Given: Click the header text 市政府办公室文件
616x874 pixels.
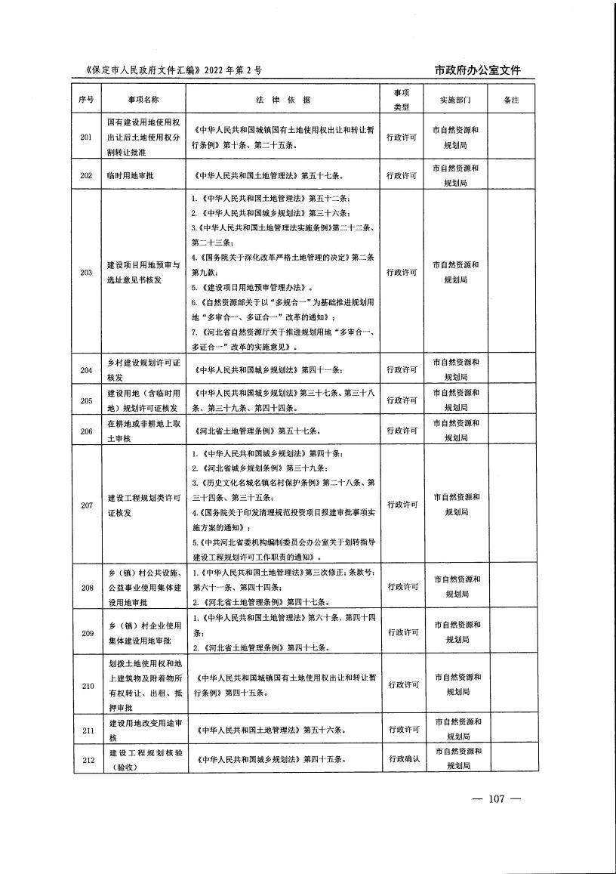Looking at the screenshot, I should [478, 70].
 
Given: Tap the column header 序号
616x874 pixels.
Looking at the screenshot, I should [86, 99].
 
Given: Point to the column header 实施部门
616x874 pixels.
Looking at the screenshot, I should [455, 99].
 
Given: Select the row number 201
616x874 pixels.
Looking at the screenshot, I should [86, 137].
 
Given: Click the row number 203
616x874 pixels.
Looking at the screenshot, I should [86, 272].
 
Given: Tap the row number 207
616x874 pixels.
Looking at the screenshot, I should [86, 505].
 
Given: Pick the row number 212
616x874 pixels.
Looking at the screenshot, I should [86, 759].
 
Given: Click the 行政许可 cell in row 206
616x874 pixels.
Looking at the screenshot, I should [402, 431].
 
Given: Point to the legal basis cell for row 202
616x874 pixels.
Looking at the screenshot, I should [284, 175].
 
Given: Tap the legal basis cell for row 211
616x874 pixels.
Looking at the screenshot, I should [284, 730].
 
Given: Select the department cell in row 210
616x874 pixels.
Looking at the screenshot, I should [455, 684].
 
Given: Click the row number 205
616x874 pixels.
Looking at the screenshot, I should [86, 400].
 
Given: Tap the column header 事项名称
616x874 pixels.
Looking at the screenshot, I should [143, 99].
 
